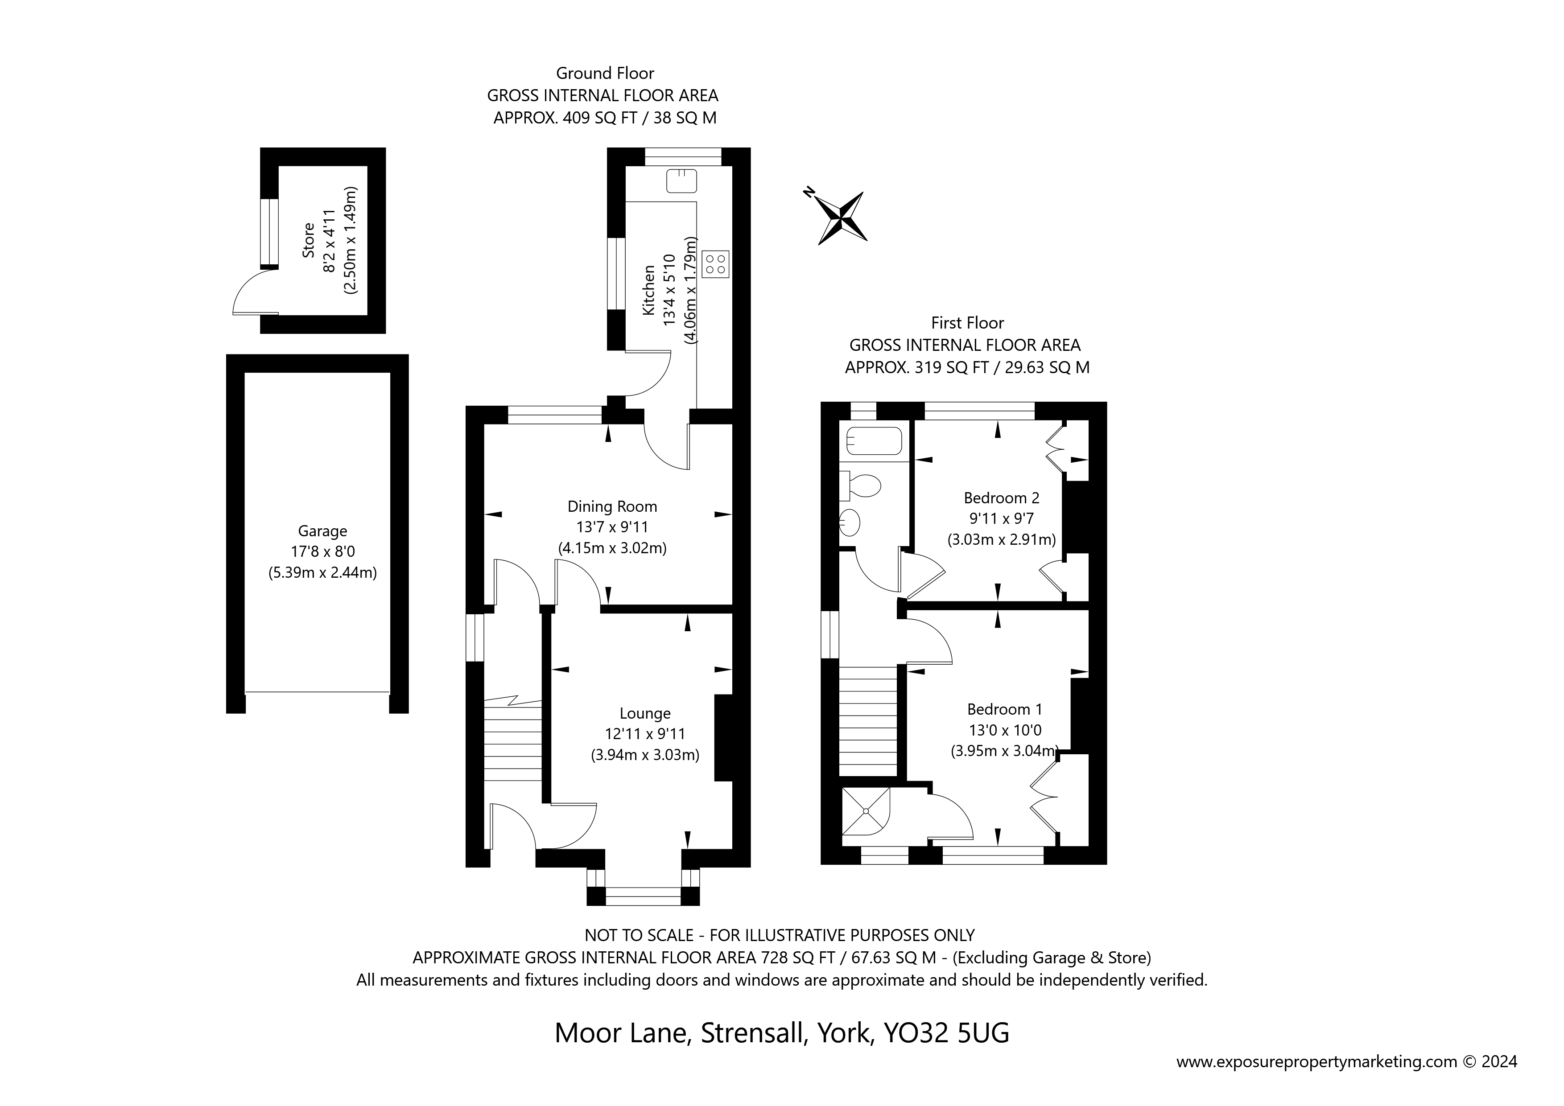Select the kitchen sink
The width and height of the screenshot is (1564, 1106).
click(x=681, y=181)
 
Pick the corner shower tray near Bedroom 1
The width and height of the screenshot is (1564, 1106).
click(x=865, y=811)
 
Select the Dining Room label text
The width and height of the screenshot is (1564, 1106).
click(x=612, y=507)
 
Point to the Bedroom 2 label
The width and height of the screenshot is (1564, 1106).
click(x=1001, y=498)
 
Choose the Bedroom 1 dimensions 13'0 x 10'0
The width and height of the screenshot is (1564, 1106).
click(x=1005, y=730)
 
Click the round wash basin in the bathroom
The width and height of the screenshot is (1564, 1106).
click(x=851, y=523)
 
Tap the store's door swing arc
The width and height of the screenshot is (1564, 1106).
click(x=249, y=292)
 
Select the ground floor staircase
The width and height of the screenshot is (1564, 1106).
click(x=512, y=742)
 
